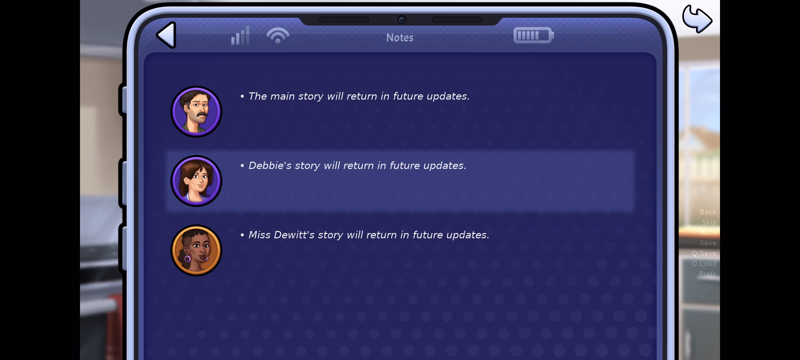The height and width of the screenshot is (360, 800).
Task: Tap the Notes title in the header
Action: pos(400,38)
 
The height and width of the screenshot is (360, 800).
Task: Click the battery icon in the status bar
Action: pos(534,35)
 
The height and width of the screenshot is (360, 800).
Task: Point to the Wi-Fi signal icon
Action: pos(278,35)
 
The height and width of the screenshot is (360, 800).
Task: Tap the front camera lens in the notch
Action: pos(402,20)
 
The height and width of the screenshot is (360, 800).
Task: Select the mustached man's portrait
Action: pos(196,112)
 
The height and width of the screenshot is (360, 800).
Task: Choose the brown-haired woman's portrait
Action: pos(196,181)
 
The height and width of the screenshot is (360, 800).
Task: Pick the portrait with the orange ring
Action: pos(196,250)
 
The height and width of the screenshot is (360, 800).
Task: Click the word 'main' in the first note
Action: pos(282,96)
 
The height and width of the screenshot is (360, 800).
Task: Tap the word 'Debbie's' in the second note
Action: pos(270,166)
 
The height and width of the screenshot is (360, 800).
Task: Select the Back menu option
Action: pos(708,212)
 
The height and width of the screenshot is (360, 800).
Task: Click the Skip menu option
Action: pos(709,222)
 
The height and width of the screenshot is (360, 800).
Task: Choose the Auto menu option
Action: pos(708,233)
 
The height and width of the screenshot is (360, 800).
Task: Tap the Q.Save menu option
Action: pos(704,253)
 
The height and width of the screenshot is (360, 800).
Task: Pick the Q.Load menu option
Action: pos(704,264)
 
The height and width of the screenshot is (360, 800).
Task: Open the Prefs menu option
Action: pos(708,274)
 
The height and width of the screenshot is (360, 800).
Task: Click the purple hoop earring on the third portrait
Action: pos(187,258)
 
